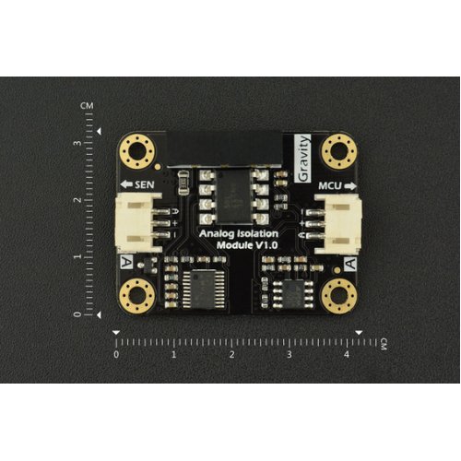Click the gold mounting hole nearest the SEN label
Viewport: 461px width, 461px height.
[137, 151]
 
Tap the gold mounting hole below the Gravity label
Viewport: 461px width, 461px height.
[338, 151]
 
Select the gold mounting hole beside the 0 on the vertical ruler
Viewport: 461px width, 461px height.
[136, 295]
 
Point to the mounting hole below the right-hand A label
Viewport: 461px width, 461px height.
[338, 296]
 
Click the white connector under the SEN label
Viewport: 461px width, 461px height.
[139, 223]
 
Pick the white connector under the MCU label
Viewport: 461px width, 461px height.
[337, 224]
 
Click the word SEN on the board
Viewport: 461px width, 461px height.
[145, 184]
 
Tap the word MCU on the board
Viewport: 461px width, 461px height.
[330, 186]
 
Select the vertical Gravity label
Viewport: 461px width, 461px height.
[302, 159]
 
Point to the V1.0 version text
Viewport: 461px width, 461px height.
[266, 245]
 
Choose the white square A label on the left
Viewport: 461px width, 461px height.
[126, 262]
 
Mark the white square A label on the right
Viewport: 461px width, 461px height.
[350, 264]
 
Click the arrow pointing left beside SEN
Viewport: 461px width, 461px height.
[126, 184]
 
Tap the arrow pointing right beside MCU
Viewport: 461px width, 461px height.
[349, 186]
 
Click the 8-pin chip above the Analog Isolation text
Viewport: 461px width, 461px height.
[234, 196]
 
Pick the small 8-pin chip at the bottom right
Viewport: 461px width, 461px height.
[292, 293]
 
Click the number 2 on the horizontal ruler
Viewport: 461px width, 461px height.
[231, 355]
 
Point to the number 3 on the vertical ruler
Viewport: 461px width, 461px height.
[78, 143]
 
